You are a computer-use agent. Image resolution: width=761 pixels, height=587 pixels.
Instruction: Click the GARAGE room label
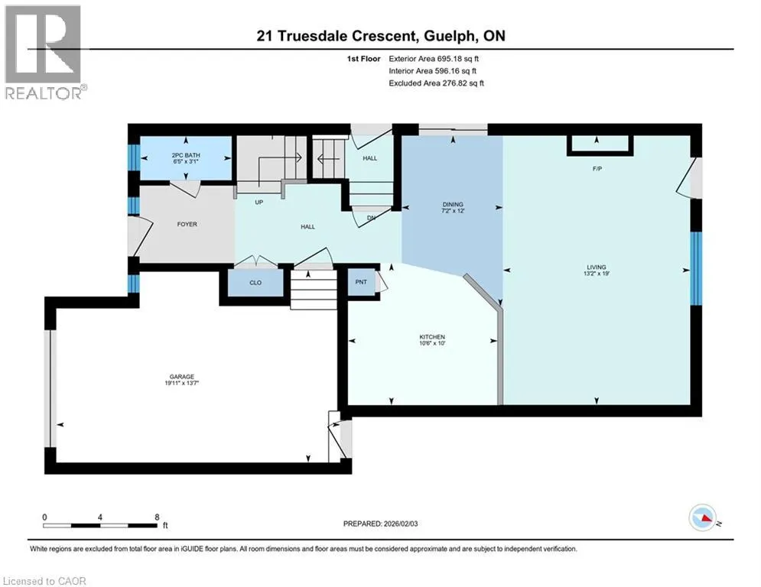click(x=182, y=377)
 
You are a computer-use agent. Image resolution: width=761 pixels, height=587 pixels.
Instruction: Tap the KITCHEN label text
click(x=432, y=336)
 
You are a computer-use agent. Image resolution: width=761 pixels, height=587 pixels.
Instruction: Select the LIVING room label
click(x=597, y=267)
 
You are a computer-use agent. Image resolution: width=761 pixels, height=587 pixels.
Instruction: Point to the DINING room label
click(x=453, y=204)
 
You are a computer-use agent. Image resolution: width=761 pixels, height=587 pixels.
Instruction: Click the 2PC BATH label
click(x=186, y=155)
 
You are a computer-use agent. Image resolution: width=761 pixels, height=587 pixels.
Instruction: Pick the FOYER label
click(x=187, y=224)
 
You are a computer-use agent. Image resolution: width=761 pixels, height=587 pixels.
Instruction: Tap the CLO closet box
click(x=255, y=282)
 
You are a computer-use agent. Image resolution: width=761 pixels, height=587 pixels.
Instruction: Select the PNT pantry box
click(x=362, y=282)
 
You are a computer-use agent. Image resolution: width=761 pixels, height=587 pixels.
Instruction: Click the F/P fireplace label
click(x=597, y=169)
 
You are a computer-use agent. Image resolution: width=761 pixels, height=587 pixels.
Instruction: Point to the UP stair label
click(x=259, y=202)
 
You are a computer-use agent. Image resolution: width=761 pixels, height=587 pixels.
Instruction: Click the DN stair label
click(x=371, y=218)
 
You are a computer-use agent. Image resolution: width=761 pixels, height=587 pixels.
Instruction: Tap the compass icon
click(x=703, y=517)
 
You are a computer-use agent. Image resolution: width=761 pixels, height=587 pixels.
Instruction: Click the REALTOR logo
click(x=44, y=53)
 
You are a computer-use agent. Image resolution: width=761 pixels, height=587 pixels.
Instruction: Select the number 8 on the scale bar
click(x=157, y=517)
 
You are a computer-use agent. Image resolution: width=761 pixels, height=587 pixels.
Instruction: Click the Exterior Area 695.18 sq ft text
click(x=434, y=59)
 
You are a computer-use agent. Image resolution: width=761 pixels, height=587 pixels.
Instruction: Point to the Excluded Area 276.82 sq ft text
click(x=436, y=83)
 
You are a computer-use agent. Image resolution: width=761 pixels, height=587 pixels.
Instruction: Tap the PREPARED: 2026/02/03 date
click(x=381, y=524)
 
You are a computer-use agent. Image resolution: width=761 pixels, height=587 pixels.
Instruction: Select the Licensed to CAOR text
click(x=44, y=581)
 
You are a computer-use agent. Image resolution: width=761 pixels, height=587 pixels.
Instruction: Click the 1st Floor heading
click(x=363, y=59)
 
